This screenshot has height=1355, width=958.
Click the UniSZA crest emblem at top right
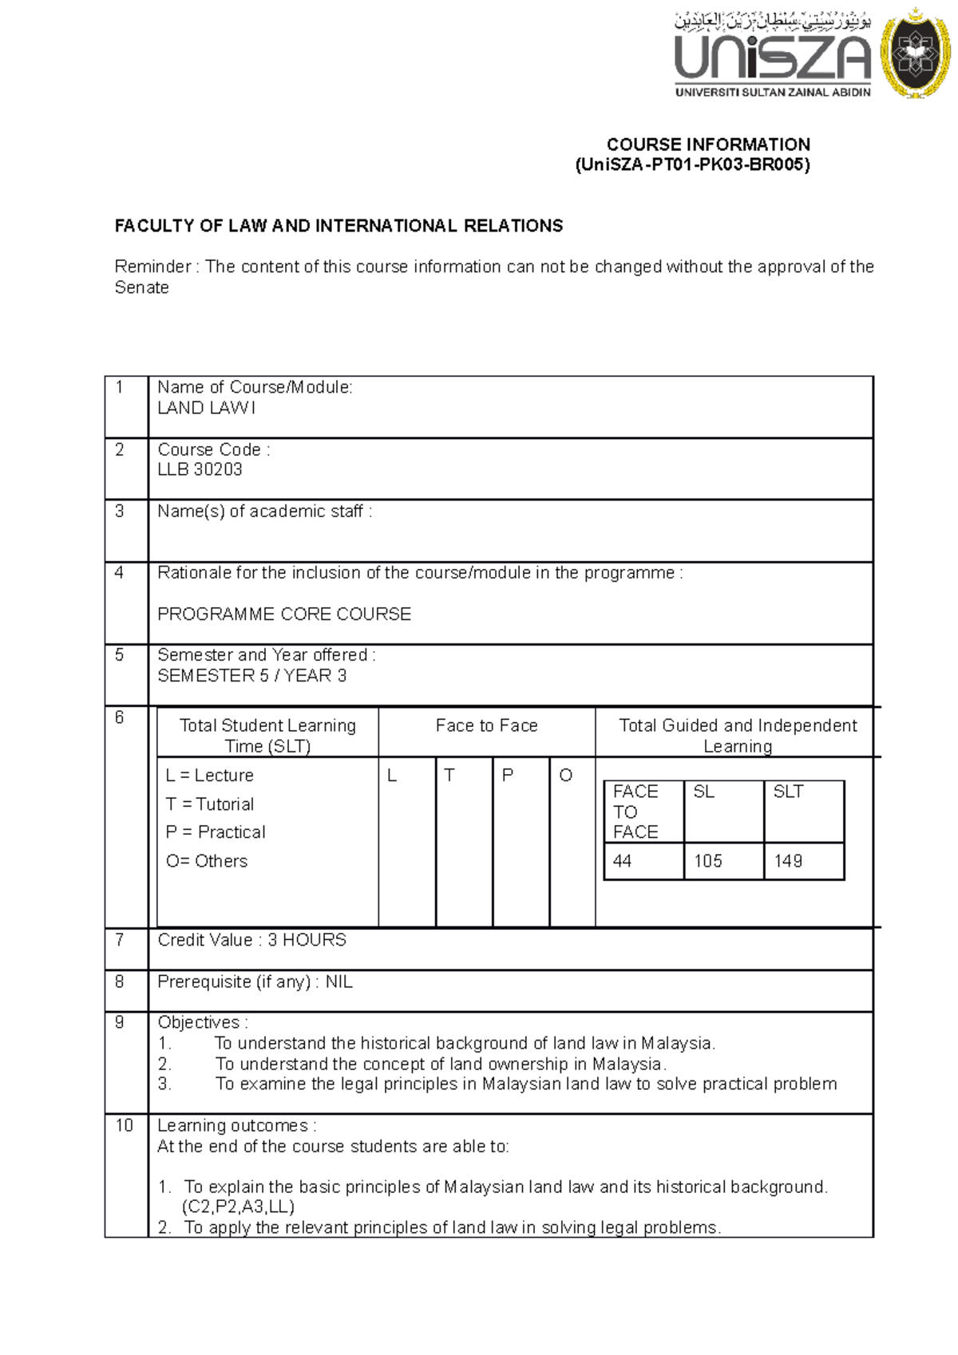(915, 53)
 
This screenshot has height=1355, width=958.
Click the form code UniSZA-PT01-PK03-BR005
(692, 165)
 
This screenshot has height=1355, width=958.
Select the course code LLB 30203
(200, 469)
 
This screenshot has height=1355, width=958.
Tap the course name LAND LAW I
(206, 408)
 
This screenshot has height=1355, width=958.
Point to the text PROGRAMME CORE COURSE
(284, 614)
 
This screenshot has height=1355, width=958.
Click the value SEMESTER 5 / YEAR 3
(251, 675)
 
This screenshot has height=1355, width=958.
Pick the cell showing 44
(623, 861)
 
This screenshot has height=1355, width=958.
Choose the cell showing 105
(707, 861)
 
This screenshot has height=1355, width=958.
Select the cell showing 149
(788, 861)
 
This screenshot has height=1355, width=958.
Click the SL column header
(703, 792)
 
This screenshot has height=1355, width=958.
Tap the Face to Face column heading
(486, 725)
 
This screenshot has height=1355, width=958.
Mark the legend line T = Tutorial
(210, 804)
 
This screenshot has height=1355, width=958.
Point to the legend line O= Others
(207, 861)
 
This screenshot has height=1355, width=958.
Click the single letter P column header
(507, 775)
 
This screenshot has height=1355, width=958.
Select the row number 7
(120, 940)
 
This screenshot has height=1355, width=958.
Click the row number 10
(124, 1125)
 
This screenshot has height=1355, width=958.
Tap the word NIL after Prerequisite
(338, 982)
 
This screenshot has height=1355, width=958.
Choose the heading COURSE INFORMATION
(708, 144)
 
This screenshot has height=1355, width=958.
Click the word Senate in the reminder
(142, 287)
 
